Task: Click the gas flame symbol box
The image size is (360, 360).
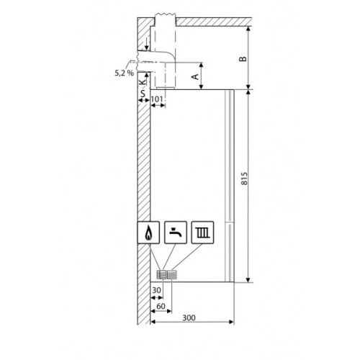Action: tap(148, 233)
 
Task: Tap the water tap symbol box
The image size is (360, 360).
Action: tap(176, 233)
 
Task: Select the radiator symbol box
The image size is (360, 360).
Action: tap(202, 233)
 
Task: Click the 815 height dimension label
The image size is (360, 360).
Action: tap(244, 179)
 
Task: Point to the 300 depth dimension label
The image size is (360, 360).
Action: tap(189, 318)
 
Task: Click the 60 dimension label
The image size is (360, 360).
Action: tap(161, 306)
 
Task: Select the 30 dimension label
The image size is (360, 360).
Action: tap(156, 290)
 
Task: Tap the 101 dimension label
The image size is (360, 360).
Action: tap(157, 99)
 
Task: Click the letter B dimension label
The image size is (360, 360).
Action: tap(243, 59)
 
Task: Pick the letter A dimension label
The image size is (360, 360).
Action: tap(196, 76)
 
